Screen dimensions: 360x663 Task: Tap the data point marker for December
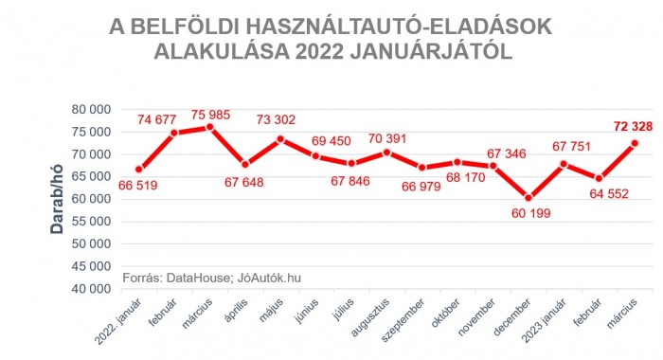(529, 198)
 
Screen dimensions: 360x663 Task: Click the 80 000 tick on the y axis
(93, 109)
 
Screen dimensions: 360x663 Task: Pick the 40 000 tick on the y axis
(93, 288)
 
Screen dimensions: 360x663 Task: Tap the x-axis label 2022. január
(123, 321)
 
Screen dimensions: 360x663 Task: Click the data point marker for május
(280, 139)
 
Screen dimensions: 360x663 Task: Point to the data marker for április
(245, 165)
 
